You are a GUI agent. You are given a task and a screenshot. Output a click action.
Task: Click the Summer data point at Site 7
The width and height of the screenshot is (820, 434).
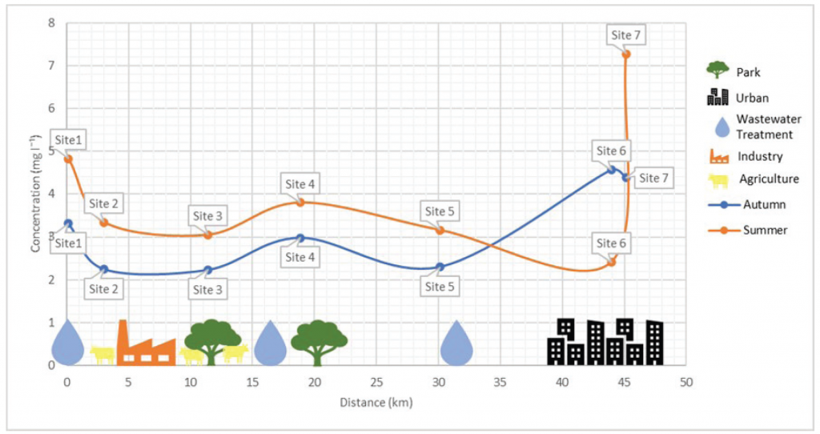click(626, 54)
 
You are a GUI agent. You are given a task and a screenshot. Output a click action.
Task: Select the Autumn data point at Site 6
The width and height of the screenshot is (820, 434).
click(612, 170)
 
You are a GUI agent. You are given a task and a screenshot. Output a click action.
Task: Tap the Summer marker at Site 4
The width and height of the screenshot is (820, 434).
click(300, 202)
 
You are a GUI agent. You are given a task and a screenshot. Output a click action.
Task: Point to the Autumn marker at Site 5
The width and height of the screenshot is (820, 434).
click(440, 267)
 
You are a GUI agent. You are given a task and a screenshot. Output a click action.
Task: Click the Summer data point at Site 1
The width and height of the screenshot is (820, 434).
click(68, 159)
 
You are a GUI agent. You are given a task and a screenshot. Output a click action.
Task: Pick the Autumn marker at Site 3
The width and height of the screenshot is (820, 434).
click(208, 271)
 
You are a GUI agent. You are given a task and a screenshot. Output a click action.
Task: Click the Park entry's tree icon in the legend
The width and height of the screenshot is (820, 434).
click(717, 71)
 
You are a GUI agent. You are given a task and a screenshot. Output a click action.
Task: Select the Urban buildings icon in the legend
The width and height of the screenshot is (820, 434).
click(717, 98)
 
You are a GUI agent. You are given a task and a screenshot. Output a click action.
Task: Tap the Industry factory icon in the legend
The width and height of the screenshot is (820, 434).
click(718, 155)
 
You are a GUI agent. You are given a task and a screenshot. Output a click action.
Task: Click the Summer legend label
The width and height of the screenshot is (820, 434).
click(764, 230)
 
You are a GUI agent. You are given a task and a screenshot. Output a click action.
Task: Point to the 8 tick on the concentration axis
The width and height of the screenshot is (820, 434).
click(51, 22)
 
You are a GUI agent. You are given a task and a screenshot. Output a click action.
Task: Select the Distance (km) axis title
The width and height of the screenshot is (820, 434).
click(376, 402)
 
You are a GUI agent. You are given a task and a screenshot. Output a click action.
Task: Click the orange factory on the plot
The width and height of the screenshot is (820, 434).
click(146, 344)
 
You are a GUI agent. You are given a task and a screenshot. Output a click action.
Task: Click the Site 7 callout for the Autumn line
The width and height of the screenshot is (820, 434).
click(653, 179)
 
